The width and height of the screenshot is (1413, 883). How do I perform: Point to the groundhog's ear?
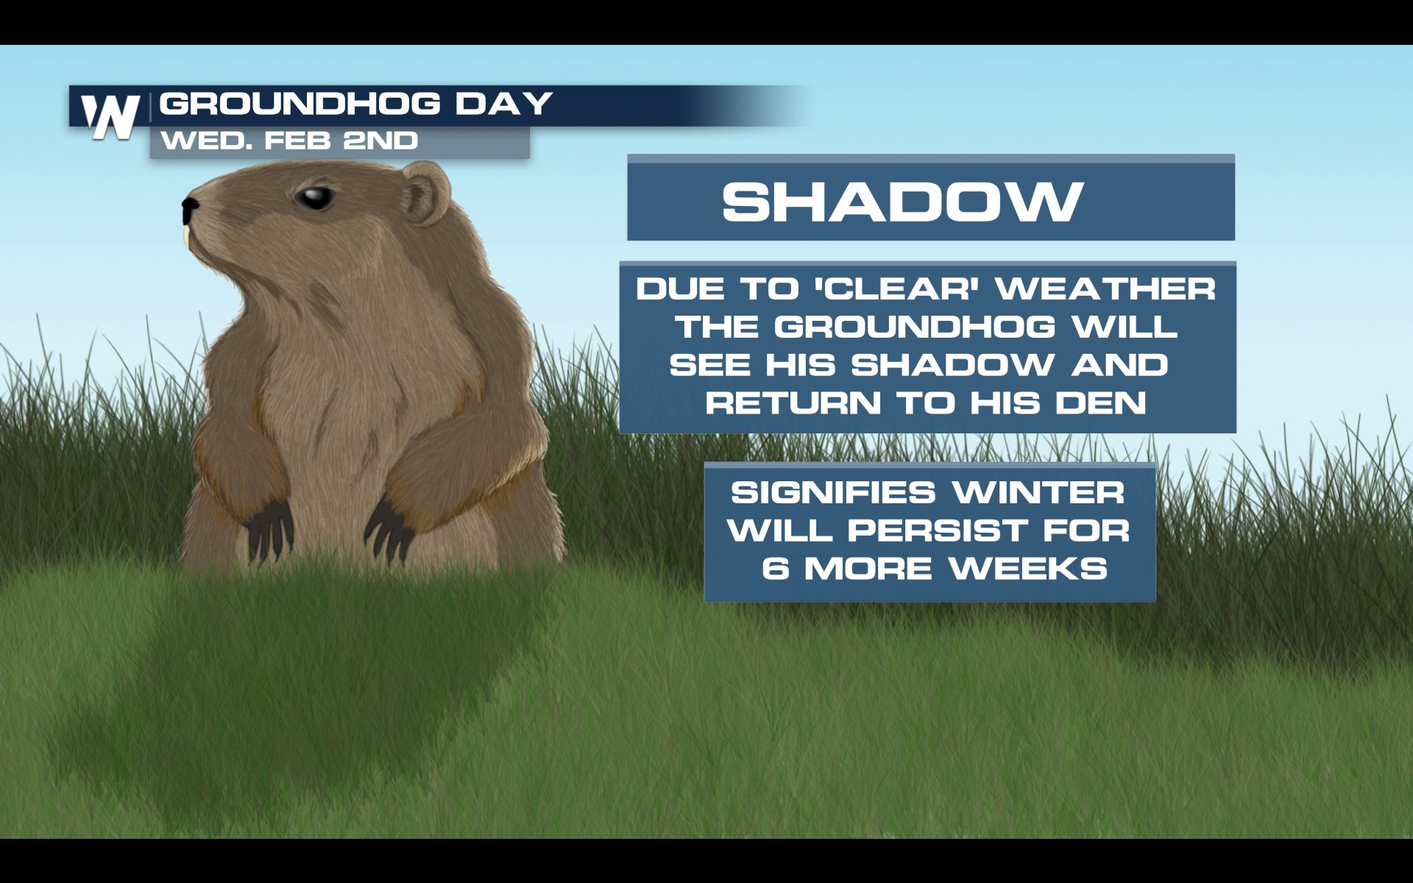425,194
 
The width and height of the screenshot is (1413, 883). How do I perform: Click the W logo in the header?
110,116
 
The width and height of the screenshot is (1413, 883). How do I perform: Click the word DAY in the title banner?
503,104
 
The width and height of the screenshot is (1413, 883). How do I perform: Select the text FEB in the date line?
296,140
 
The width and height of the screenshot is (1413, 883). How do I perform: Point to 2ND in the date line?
381,140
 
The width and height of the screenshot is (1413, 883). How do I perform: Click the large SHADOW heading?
903,201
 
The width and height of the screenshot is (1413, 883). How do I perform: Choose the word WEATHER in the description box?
1105,288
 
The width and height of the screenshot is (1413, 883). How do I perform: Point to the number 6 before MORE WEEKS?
775,568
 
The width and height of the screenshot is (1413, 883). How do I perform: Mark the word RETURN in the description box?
793,403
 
